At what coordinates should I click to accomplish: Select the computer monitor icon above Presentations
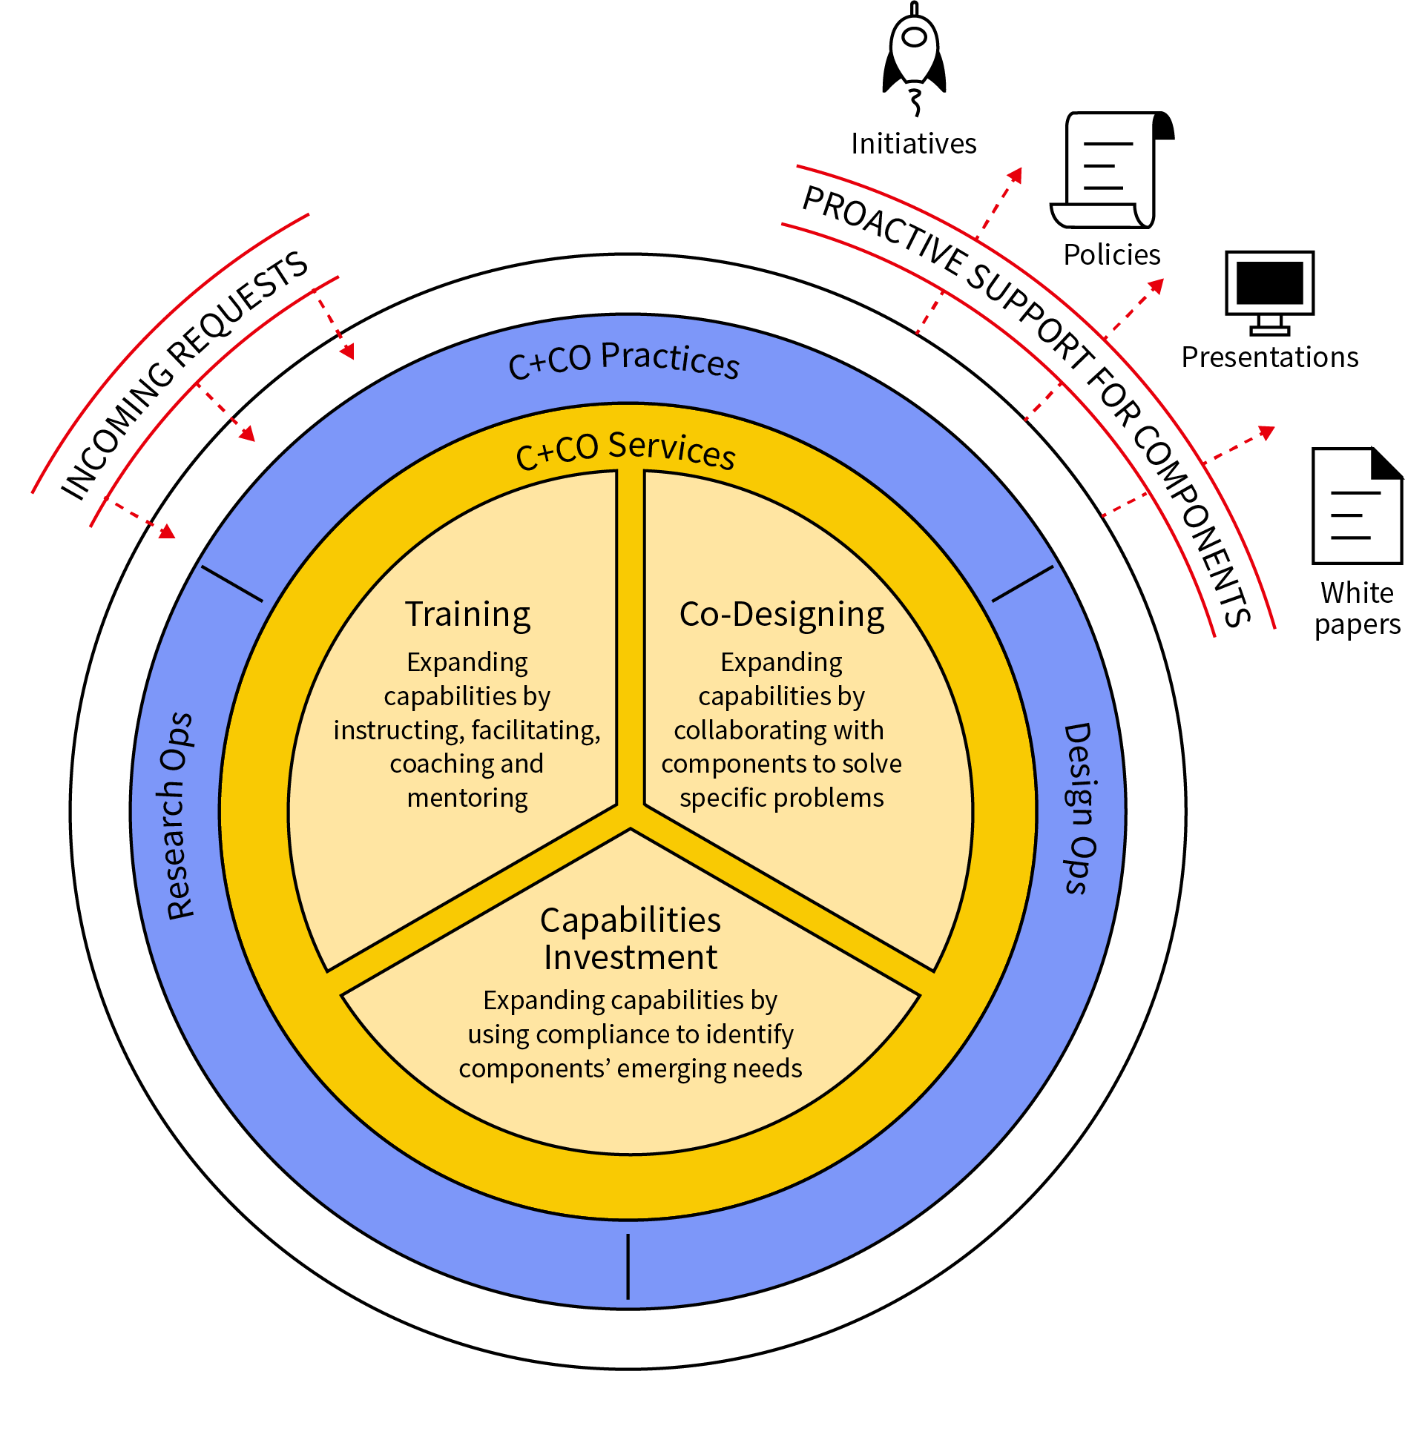tap(1269, 291)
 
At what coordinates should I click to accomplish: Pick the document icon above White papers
tap(1357, 506)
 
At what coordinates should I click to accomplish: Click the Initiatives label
tap(913, 144)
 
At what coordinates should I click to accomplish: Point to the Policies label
tap(1111, 255)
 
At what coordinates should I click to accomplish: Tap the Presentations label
tap(1269, 357)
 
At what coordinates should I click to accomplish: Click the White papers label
tap(1357, 609)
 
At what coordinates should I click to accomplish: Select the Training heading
tap(467, 615)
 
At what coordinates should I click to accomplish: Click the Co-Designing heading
tap(781, 615)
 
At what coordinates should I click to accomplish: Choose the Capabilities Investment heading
tap(630, 939)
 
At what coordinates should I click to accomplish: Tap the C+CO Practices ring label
tap(624, 360)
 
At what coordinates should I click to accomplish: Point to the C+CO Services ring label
tap(625, 449)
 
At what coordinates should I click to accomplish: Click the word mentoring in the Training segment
tap(467, 798)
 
